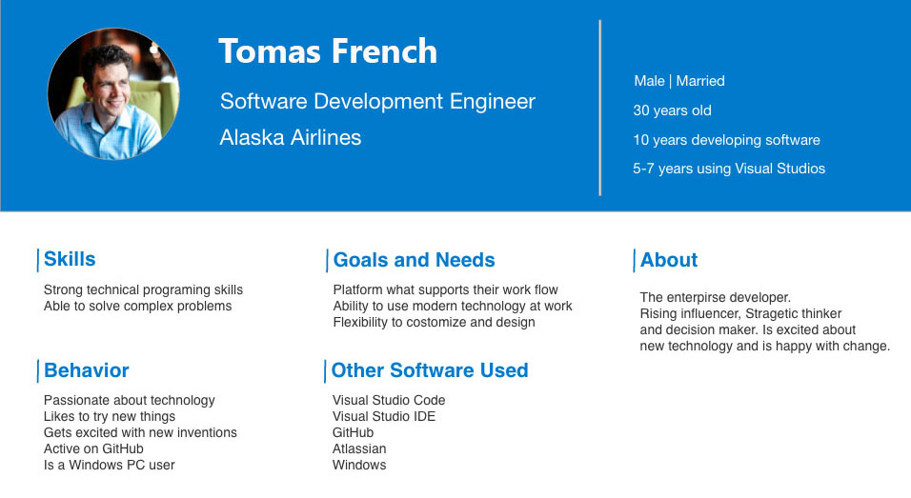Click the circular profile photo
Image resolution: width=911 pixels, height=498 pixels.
click(113, 94)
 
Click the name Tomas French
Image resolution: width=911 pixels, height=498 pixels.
click(328, 51)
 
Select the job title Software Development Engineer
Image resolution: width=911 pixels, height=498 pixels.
click(377, 102)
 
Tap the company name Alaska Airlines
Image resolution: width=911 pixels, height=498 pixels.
click(291, 137)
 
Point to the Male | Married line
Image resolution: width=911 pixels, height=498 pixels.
click(679, 81)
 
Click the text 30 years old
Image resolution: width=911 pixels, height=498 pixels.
click(672, 110)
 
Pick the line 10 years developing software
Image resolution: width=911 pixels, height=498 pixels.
click(726, 140)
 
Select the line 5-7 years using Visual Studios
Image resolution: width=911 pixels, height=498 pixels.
click(729, 169)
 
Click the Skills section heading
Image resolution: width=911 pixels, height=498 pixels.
click(70, 259)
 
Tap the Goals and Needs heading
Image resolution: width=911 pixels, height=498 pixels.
click(415, 259)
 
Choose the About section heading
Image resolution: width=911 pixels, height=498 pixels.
click(669, 259)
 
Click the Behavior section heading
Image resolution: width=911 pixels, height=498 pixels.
click(87, 370)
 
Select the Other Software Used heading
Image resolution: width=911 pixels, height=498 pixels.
click(430, 370)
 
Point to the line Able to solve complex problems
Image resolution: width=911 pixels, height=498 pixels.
click(137, 306)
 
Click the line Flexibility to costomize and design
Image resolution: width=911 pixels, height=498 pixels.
click(434, 322)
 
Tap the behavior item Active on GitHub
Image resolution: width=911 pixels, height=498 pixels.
click(93, 448)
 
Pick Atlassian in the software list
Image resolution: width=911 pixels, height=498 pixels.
click(359, 448)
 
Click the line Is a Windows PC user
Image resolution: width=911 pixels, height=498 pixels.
click(110, 465)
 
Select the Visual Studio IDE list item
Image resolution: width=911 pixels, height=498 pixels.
click(384, 416)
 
